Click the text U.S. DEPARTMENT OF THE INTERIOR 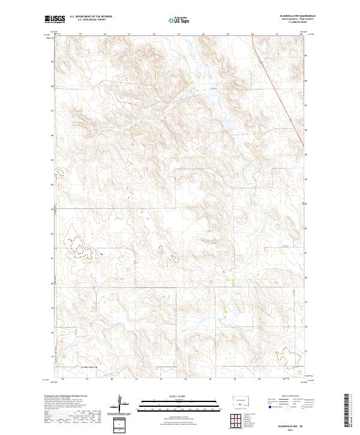[x=91, y=17]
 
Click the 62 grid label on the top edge [x=154, y=34]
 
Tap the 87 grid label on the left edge [x=53, y=110]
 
